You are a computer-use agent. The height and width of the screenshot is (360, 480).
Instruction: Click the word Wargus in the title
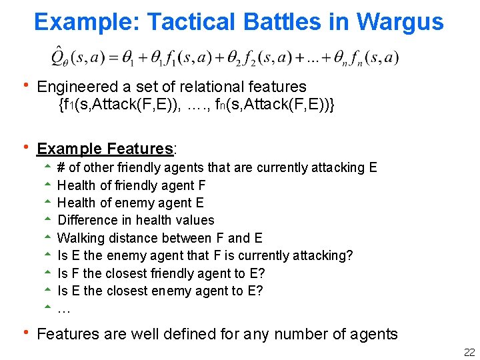click(x=401, y=22)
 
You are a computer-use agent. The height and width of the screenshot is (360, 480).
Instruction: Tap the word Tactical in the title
click(x=191, y=22)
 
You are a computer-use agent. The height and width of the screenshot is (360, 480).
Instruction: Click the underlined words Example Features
click(x=105, y=149)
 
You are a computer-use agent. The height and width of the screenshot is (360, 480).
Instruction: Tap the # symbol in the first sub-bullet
click(x=61, y=167)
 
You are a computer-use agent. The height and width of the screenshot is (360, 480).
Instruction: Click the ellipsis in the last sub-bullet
click(x=64, y=309)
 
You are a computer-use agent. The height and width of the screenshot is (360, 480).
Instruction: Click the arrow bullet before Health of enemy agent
click(x=47, y=202)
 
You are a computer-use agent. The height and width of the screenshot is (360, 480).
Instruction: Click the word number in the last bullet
click(x=299, y=334)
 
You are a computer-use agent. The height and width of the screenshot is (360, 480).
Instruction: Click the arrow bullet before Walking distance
click(x=47, y=237)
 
